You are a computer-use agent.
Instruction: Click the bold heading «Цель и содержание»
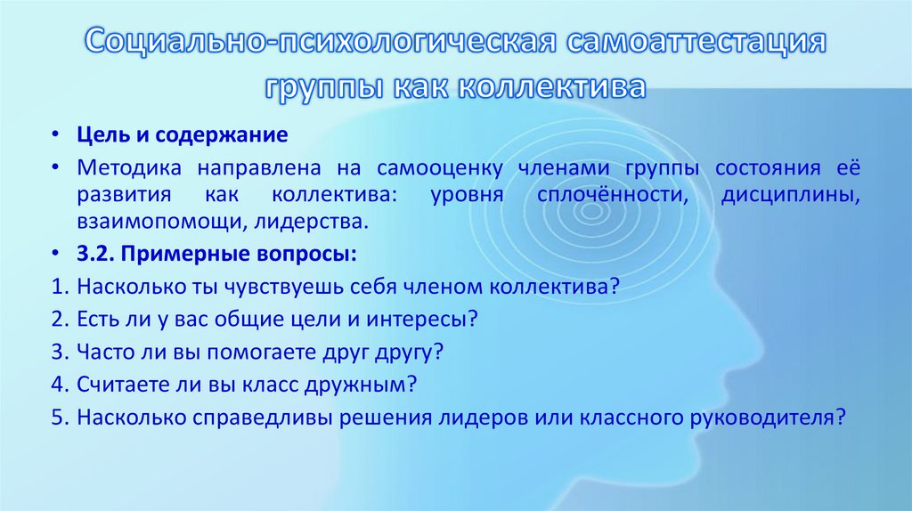pyautogui.click(x=182, y=136)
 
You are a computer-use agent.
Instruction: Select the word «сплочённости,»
pyautogui.click(x=613, y=195)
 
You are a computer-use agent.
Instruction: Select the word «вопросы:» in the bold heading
pyautogui.click(x=309, y=253)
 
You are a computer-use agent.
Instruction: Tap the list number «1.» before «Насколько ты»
pyautogui.click(x=60, y=288)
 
